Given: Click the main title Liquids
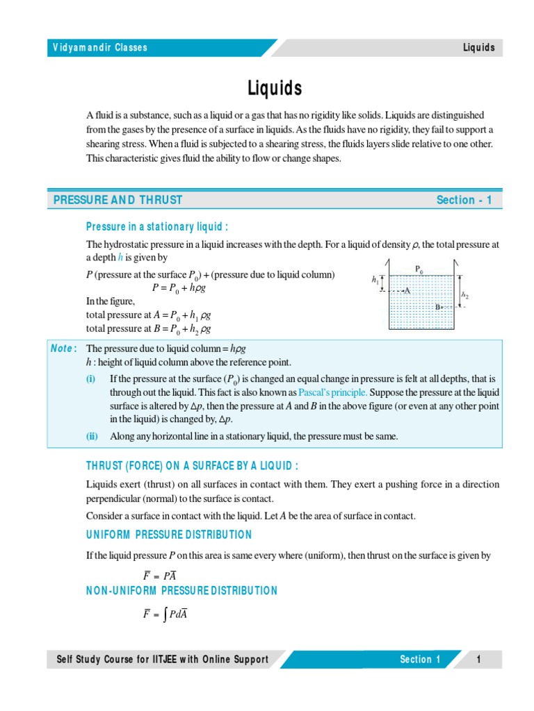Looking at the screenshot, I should pos(275,88).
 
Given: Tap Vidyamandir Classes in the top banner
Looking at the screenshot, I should pos(100,48).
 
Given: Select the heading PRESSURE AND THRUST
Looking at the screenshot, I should pos(118,200).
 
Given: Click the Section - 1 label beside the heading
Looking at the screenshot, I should pos(464,200).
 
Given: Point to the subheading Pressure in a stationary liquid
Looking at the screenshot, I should pos(157,226).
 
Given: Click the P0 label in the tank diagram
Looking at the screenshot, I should pos(419,268).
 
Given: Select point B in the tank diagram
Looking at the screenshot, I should pos(438,306).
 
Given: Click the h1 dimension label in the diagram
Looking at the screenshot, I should pos(375,280).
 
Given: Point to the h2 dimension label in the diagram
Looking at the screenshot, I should pos(465,294).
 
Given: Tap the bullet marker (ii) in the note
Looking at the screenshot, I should pos(92,436).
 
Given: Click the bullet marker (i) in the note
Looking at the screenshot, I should pos(91,378).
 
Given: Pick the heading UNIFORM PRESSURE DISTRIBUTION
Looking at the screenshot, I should pos(169,535).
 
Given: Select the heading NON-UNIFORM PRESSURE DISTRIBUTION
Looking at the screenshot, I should pos(181,591).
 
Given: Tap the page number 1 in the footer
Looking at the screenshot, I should pos(479,660).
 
